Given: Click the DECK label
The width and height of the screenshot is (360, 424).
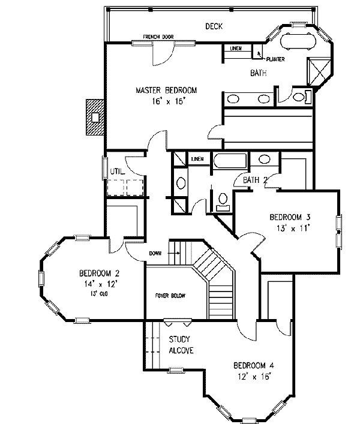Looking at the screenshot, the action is click(214, 26).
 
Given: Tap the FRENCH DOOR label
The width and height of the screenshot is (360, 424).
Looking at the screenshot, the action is click(158, 37).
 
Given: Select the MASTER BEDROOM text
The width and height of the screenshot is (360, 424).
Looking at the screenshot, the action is click(166, 90).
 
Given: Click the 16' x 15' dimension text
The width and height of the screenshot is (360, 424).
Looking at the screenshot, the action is click(168, 101).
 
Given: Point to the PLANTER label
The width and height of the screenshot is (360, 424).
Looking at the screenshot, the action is click(275, 59).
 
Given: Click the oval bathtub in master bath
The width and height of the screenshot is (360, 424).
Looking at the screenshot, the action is click(298, 41).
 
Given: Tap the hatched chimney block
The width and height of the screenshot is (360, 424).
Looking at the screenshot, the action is click(95, 117).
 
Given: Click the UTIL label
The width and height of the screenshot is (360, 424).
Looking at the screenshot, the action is click(118, 172).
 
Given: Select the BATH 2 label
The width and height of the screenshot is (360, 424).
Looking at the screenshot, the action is click(255, 180).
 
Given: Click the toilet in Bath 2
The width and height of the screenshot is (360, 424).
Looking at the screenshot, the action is click(223, 202).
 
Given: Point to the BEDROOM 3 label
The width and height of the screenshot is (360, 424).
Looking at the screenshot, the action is click(290, 217).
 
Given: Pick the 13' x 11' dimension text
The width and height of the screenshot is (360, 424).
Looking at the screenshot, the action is click(293, 228).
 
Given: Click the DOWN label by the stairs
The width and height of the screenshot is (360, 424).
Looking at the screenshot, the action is click(155, 253).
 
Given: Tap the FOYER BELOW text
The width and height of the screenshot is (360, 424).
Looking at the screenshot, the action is click(170, 296).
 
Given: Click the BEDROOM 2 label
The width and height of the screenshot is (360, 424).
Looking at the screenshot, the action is click(99, 273).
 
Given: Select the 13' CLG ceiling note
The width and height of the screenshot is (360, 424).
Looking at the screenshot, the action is click(99, 293).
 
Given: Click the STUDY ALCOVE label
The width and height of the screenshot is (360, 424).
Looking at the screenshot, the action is click(181, 345).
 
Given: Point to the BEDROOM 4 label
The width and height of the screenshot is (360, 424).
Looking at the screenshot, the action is click(254, 366).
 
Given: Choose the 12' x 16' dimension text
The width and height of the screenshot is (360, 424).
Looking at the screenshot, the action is click(254, 377).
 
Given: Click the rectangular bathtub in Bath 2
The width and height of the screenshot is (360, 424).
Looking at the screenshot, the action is click(230, 161).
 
